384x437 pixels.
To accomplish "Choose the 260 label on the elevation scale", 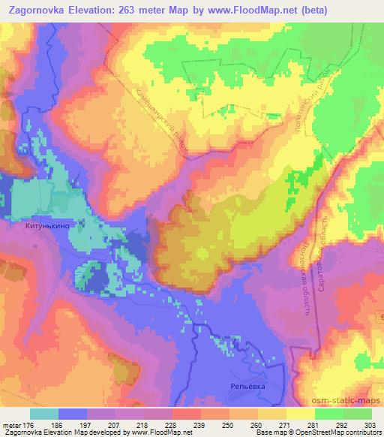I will pyautogui.click(x=256, y=425).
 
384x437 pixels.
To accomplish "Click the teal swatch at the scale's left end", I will pyautogui.click(x=44, y=414).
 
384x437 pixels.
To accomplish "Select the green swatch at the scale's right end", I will pyautogui.click(x=357, y=414).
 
